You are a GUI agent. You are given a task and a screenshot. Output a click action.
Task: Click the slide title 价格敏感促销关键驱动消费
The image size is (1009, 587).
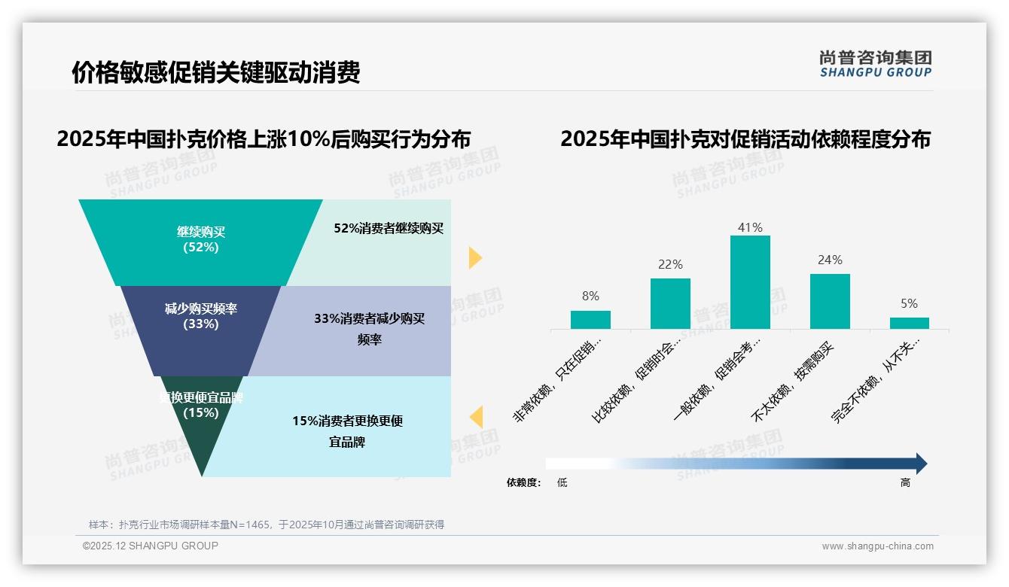coord(215,72)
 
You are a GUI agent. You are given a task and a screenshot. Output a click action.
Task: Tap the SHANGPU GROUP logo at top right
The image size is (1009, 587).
coord(875,64)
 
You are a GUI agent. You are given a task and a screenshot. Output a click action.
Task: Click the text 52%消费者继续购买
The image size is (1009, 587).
coord(389,228)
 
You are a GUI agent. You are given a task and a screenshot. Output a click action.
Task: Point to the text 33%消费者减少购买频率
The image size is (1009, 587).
coord(370,329)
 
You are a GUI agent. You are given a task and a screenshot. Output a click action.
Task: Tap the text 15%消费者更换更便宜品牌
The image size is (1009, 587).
coord(348,431)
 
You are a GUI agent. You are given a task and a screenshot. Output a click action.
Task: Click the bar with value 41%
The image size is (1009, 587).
coord(750,282)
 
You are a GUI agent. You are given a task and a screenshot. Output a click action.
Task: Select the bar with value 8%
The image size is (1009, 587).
coord(590,320)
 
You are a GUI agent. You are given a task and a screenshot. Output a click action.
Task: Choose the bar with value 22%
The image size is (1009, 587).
coord(670,303)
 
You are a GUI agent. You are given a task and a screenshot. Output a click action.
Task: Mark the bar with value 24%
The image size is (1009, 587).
coord(830,301)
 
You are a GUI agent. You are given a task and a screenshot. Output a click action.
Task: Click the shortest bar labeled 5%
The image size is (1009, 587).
coord(910,323)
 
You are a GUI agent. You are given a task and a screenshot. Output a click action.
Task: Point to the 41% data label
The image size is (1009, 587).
coord(750,227)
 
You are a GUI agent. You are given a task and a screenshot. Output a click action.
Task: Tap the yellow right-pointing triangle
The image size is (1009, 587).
coord(474,257)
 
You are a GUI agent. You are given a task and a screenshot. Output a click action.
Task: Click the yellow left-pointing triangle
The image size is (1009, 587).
coord(475,417)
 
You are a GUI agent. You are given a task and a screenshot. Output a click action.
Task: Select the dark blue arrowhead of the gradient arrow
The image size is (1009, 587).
coord(920,464)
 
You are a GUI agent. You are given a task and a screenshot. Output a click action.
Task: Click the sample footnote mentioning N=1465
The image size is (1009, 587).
coord(267,525)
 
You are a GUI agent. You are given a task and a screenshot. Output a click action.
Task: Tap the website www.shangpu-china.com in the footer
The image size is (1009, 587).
coord(877,546)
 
